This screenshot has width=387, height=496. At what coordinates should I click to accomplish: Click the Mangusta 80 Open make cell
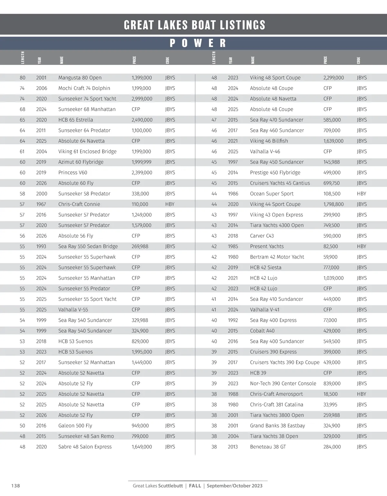(x=80, y=78)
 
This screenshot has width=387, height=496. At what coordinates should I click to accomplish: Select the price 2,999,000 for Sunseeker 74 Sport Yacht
(x=142, y=99)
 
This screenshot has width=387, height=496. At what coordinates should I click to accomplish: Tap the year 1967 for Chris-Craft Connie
(x=41, y=204)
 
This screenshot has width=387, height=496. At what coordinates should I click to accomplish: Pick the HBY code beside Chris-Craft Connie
(x=170, y=204)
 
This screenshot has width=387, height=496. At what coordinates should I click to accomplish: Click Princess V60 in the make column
(x=73, y=173)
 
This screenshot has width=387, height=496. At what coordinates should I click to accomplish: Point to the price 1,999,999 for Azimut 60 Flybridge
(x=141, y=162)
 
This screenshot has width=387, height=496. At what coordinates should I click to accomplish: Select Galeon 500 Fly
(x=75, y=426)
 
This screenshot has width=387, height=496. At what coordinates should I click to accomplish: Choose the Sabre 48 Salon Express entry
(x=85, y=447)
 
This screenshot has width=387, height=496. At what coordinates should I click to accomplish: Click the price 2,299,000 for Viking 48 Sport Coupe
(x=333, y=78)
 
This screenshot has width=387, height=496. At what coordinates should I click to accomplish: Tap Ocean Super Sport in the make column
(x=272, y=194)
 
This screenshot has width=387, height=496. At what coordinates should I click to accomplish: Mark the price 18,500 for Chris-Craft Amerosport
(x=330, y=394)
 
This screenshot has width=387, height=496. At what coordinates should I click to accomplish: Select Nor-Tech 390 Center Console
(x=283, y=384)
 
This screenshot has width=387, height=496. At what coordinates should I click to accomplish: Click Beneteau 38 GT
(x=268, y=447)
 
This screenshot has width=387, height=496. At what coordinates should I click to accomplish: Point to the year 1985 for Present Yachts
(x=233, y=246)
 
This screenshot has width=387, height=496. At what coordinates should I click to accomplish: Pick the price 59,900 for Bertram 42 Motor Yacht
(x=330, y=257)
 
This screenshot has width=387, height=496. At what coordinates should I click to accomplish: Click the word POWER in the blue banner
(x=198, y=43)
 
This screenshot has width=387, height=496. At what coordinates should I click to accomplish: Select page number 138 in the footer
(x=15, y=486)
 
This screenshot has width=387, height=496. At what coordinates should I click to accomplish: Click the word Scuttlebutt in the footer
(x=171, y=486)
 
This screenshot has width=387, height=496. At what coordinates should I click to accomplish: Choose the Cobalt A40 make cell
(x=262, y=331)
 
